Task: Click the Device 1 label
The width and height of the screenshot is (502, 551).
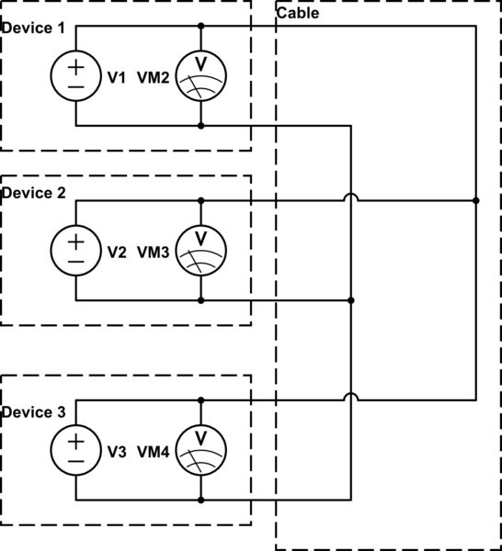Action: pyautogui.click(x=33, y=28)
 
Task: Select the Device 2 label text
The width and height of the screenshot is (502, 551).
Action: pyautogui.click(x=33, y=193)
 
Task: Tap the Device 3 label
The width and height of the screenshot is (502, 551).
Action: pyautogui.click(x=33, y=412)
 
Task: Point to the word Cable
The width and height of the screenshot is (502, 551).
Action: pyautogui.click(x=298, y=14)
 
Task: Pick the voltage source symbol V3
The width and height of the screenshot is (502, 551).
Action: pyautogui.click(x=76, y=451)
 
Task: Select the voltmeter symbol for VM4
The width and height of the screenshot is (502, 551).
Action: pyautogui.click(x=200, y=451)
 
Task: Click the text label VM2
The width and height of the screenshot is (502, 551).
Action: pyautogui.click(x=154, y=78)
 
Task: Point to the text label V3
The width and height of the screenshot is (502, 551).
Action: pyautogui.click(x=116, y=452)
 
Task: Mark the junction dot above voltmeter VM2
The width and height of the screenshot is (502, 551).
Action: pyautogui.click(x=200, y=26)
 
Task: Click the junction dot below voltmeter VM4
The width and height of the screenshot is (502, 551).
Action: pyautogui.click(x=200, y=500)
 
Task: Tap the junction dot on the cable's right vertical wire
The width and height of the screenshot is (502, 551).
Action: pyautogui.click(x=475, y=199)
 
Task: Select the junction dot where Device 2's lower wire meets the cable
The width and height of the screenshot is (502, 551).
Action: pyautogui.click(x=351, y=300)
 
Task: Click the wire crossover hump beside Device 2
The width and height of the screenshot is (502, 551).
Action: pyautogui.click(x=351, y=197)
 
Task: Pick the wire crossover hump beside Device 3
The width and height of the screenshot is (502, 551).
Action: pyautogui.click(x=351, y=398)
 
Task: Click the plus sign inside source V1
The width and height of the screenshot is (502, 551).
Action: pyautogui.click(x=76, y=66)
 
